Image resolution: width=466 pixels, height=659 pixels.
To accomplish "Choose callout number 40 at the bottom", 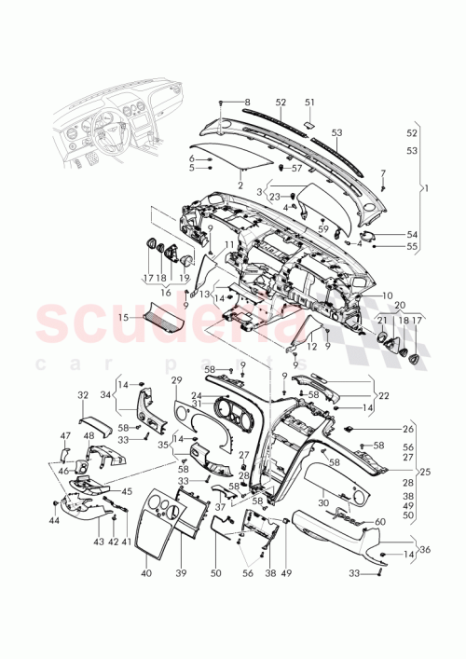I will pyautogui.click(x=146, y=574).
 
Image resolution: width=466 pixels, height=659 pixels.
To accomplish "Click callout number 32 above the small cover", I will pyautogui.click(x=82, y=395).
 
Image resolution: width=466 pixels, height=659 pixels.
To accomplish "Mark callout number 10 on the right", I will pyautogui.click(x=389, y=295).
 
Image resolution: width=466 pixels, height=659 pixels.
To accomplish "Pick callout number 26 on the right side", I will pyautogui.click(x=408, y=430).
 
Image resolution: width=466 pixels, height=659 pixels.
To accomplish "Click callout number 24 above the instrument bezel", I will pyautogui.click(x=197, y=395).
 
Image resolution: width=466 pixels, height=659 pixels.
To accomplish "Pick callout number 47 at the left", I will pyautogui.click(x=65, y=435).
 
